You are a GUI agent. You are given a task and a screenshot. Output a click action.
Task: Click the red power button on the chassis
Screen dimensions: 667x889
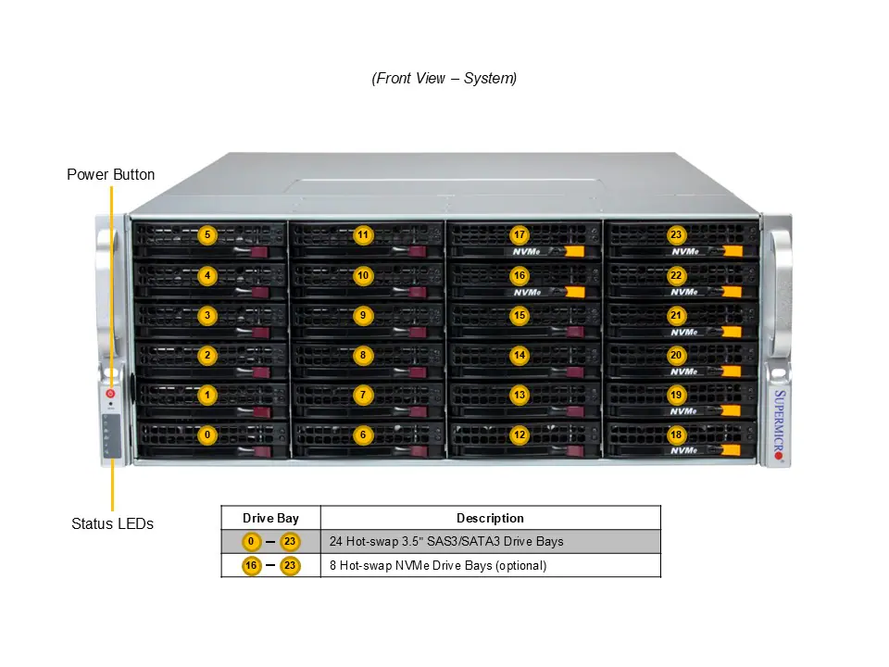pos(111,393)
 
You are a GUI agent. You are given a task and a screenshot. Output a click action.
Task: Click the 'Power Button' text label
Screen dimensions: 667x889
pos(111,174)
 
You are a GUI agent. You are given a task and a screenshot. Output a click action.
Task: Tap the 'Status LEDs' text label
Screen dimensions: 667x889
pos(112,523)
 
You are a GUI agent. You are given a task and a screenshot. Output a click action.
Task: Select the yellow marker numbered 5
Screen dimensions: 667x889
pos(207,235)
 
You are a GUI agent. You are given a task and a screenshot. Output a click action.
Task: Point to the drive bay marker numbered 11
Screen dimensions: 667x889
pos(363,235)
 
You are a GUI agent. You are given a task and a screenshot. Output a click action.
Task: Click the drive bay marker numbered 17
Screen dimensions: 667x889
pos(520,235)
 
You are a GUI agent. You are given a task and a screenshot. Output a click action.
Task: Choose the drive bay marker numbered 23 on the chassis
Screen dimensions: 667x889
pos(676,235)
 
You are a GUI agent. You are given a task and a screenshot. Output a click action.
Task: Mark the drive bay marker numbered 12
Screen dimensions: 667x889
pos(520,434)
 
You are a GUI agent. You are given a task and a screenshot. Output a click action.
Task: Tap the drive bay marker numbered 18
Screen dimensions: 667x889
pos(676,434)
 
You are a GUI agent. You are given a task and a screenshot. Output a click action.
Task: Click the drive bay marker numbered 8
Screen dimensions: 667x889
pos(363,355)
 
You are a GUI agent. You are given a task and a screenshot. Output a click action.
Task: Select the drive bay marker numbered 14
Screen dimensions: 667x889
pos(520,355)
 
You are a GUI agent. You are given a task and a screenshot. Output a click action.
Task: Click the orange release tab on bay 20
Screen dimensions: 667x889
pos(732,371)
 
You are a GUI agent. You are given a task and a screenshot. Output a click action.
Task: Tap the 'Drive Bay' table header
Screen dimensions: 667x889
pos(270,518)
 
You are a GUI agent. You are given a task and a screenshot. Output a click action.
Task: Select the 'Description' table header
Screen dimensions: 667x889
pos(490,518)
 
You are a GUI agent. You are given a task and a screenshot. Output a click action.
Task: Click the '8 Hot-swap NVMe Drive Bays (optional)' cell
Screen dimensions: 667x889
pos(438,565)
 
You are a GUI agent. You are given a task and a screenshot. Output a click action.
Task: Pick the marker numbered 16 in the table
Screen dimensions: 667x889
pos(251,565)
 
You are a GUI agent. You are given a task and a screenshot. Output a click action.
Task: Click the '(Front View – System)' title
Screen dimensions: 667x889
pos(444,79)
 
